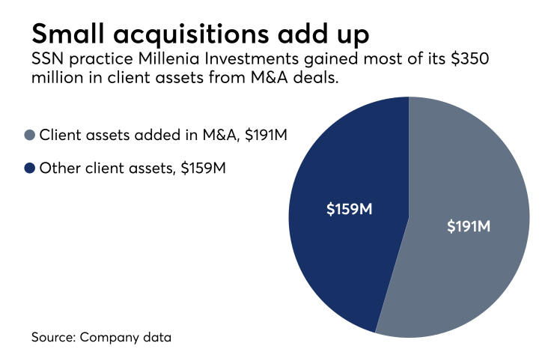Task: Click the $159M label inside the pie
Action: [x=349, y=209]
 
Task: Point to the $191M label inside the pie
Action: [x=468, y=225]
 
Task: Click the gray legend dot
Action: [x=30, y=135]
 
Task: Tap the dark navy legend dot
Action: [x=30, y=169]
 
